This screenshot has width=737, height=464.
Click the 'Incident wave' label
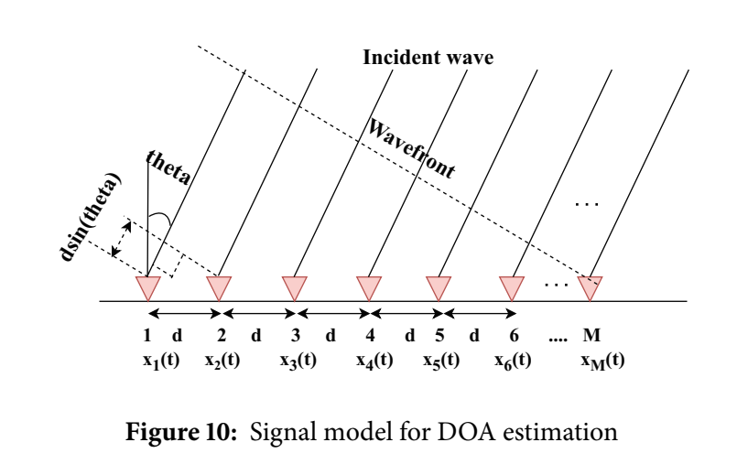[429, 58]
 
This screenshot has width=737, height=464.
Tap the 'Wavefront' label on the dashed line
[413, 148]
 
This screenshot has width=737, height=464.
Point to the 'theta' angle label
[168, 169]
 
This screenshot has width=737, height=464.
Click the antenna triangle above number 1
[147, 286]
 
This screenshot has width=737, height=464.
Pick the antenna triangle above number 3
[295, 286]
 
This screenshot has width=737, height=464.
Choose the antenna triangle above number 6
[512, 286]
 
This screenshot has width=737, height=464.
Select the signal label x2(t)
[222, 360]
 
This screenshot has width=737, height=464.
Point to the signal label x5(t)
[440, 360]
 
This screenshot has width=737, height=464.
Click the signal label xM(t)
[602, 360]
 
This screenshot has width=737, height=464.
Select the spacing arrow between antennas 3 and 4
[331, 314]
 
